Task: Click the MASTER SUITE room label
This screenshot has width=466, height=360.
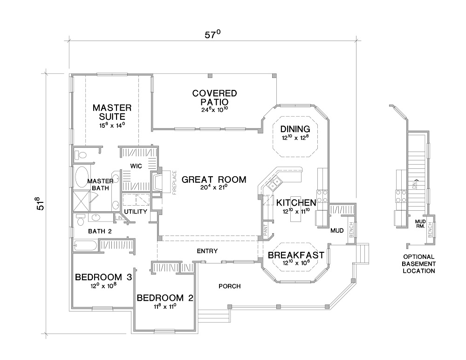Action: (112, 112)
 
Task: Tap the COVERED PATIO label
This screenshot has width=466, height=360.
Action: (214, 97)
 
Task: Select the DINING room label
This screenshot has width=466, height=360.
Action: (295, 129)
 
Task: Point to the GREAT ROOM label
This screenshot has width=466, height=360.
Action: (214, 180)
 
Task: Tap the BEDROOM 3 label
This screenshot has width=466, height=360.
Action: (103, 277)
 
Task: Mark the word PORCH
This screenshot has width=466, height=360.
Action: (229, 286)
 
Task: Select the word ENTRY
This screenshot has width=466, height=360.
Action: (207, 251)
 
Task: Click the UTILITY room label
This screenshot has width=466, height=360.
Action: (136, 212)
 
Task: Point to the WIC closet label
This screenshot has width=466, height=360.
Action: (136, 166)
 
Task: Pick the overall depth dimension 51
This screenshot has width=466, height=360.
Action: (42, 203)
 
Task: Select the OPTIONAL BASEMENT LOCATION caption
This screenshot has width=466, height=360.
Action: (419, 263)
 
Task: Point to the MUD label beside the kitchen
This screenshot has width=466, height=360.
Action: (337, 230)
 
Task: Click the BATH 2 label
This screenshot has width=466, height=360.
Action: (100, 231)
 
